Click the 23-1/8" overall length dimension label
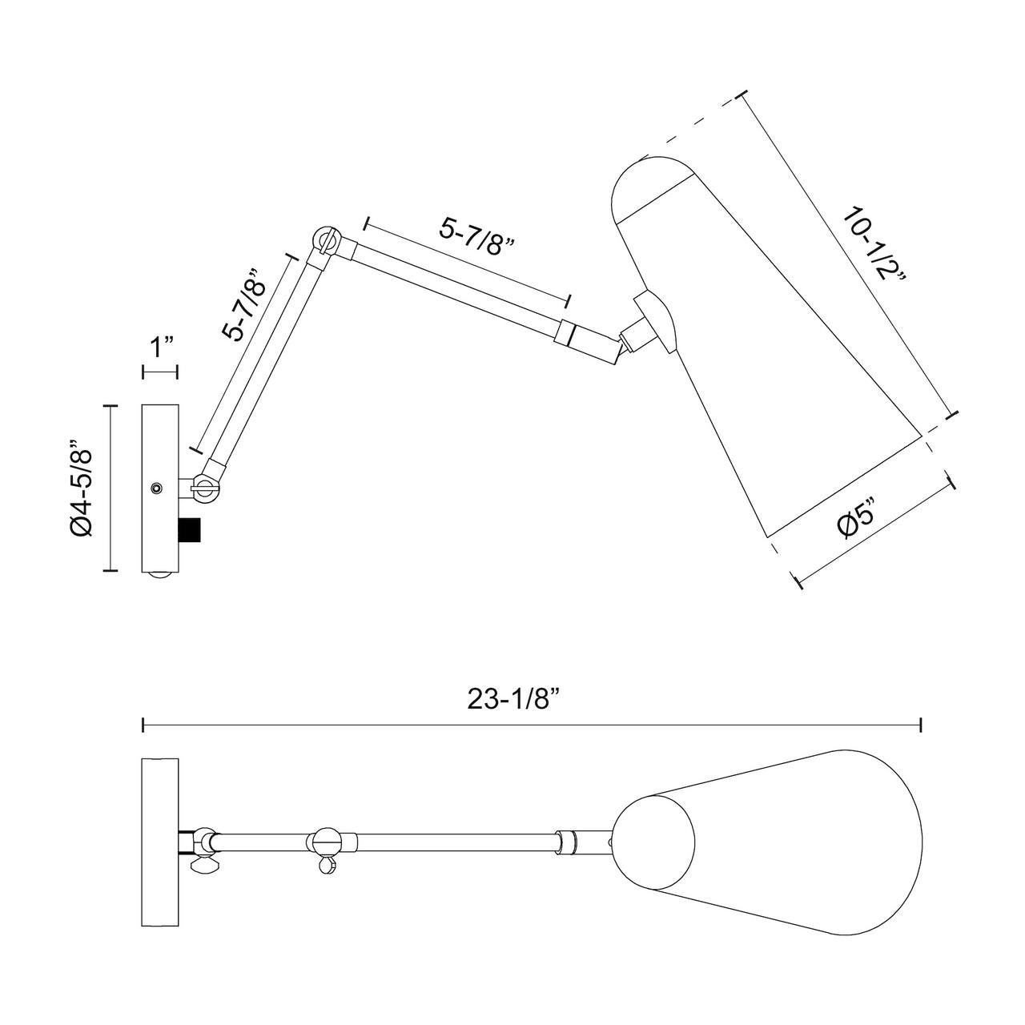(514, 699)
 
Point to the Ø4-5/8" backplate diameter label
(81, 487)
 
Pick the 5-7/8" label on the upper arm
(476, 238)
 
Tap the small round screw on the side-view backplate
(156, 487)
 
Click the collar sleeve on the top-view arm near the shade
(566, 849)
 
